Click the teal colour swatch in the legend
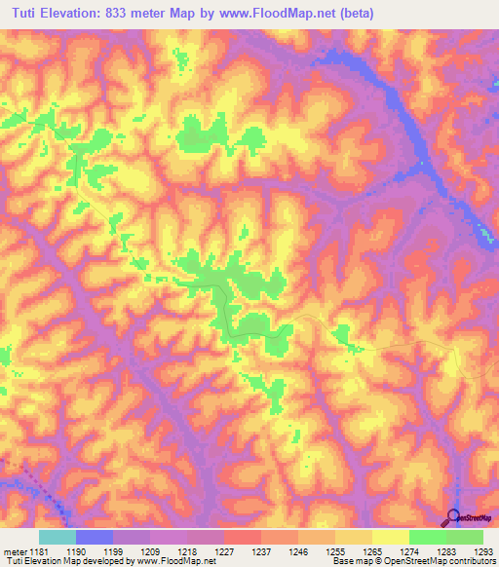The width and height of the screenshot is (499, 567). pos(58,537)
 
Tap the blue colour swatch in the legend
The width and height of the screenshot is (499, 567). pos(95,537)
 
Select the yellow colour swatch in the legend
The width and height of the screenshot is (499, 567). pos(391,537)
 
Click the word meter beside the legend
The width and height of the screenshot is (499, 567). pos(15,551)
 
